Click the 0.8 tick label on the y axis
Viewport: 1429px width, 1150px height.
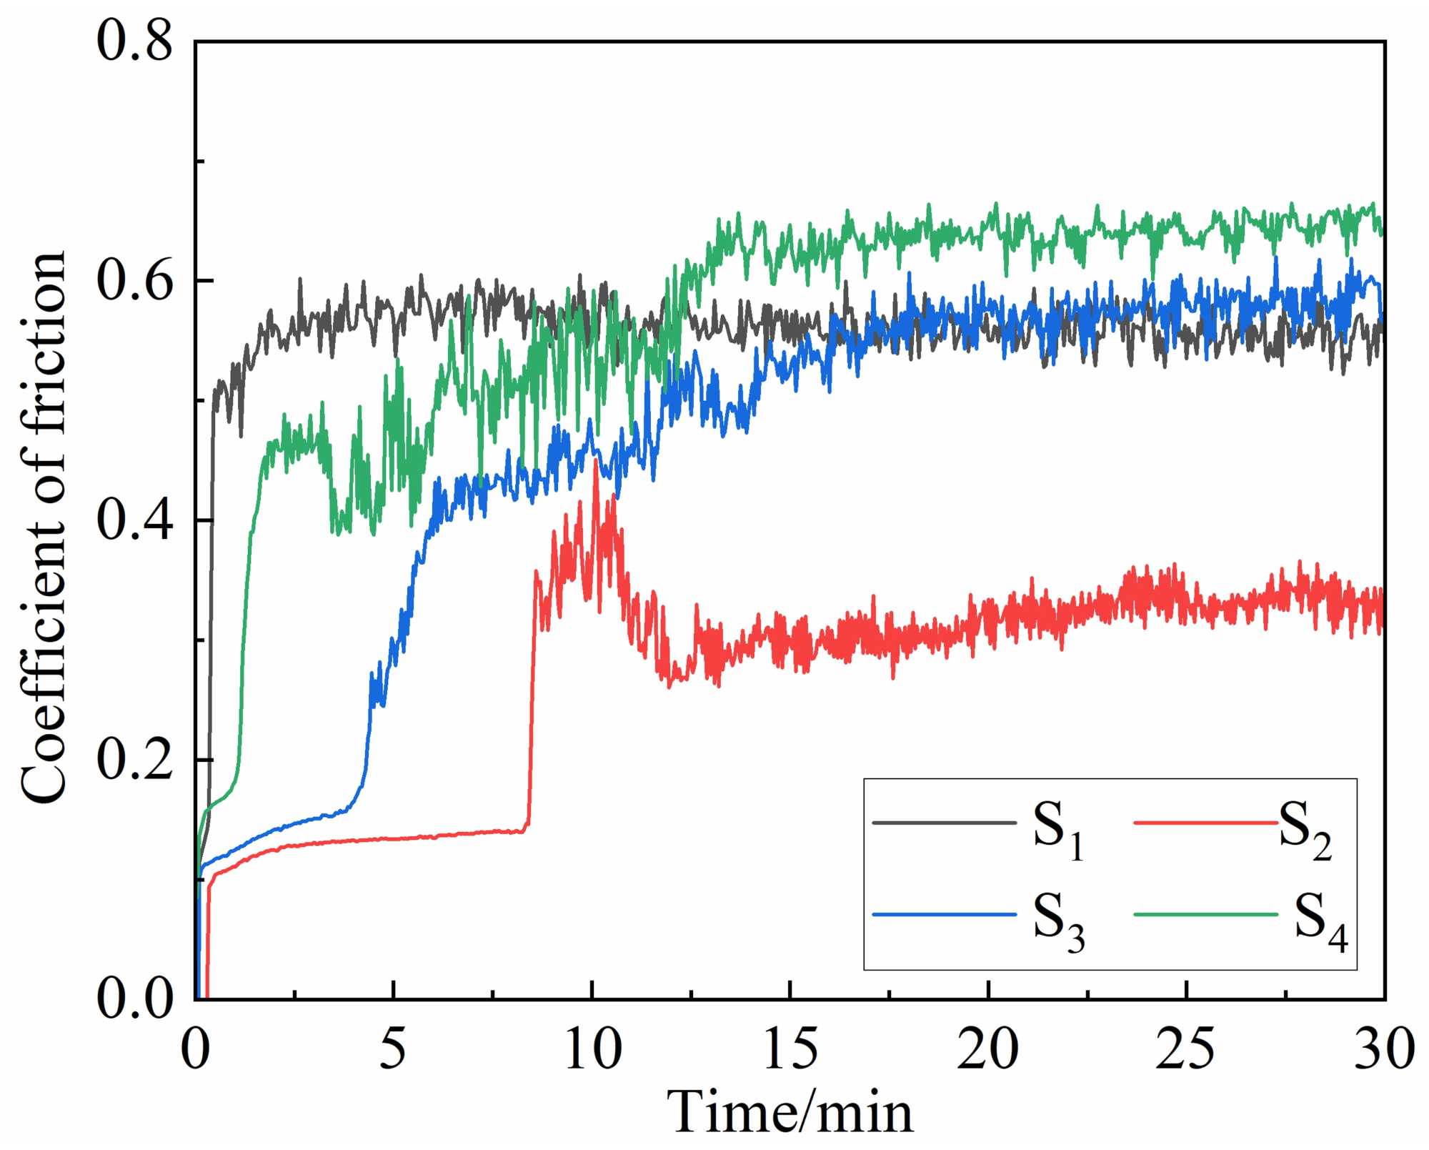134,41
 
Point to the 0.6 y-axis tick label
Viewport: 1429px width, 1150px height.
134,281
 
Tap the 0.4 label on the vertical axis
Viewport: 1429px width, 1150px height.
134,520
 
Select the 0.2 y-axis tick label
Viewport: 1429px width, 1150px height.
134,760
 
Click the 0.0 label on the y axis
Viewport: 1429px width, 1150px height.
134,998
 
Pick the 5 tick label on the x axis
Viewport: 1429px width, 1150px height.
393,1049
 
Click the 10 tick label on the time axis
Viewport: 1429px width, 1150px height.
592,1049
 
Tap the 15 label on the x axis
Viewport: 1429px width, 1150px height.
790,1049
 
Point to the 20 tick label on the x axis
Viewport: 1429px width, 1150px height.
988,1049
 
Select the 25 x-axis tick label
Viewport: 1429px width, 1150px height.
1186,1049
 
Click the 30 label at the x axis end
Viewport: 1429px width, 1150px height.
1384,1049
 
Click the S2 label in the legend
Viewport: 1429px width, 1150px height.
1305,829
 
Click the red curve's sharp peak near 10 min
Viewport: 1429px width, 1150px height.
595,461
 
